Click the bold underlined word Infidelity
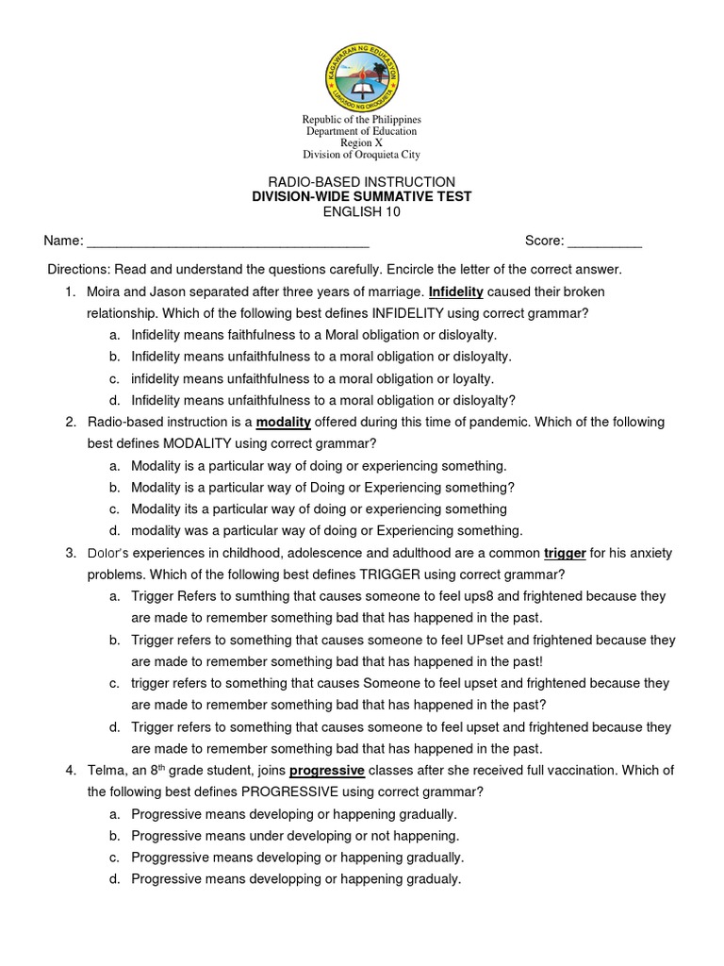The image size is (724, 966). (456, 291)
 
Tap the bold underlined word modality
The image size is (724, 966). (283, 422)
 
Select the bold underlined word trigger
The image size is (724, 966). (566, 552)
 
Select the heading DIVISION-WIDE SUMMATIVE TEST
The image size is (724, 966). (361, 196)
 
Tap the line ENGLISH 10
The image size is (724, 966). (361, 211)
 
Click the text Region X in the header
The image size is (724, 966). (361, 142)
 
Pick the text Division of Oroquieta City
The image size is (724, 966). (361, 155)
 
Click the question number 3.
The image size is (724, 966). (71, 552)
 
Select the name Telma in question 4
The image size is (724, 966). (106, 770)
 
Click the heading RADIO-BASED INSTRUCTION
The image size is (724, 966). (361, 181)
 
